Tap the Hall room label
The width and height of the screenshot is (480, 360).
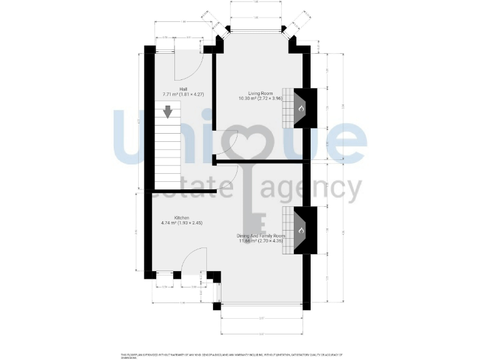(x=183, y=89)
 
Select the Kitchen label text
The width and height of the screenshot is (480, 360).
(x=174, y=217)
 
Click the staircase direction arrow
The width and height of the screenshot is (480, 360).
(x=167, y=112)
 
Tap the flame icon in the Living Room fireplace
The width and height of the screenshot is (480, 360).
(x=301, y=109)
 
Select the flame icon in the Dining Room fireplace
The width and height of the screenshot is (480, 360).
(x=301, y=231)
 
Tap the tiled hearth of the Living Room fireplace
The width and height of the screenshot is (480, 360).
(x=287, y=109)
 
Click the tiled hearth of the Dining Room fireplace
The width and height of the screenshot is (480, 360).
(x=287, y=231)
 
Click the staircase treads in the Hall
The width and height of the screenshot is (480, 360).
(x=167, y=150)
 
